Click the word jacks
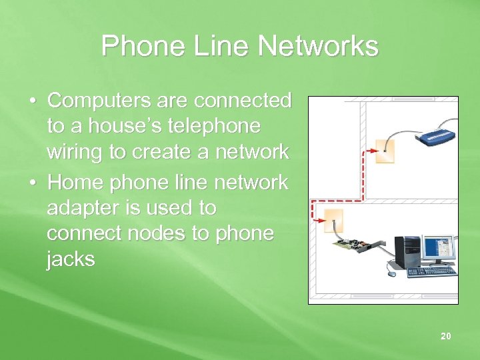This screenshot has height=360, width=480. point(71,259)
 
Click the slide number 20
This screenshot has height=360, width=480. point(445,336)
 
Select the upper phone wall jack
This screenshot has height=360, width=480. point(385,151)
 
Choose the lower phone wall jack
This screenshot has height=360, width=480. point(332,220)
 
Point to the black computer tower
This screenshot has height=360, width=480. point(407,251)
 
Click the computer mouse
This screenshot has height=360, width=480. point(391,273)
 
